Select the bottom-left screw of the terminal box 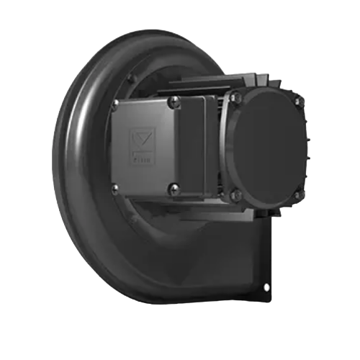pyautogui.click(x=115, y=189)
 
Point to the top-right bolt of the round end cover pyautogui.click(x=297, y=102)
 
